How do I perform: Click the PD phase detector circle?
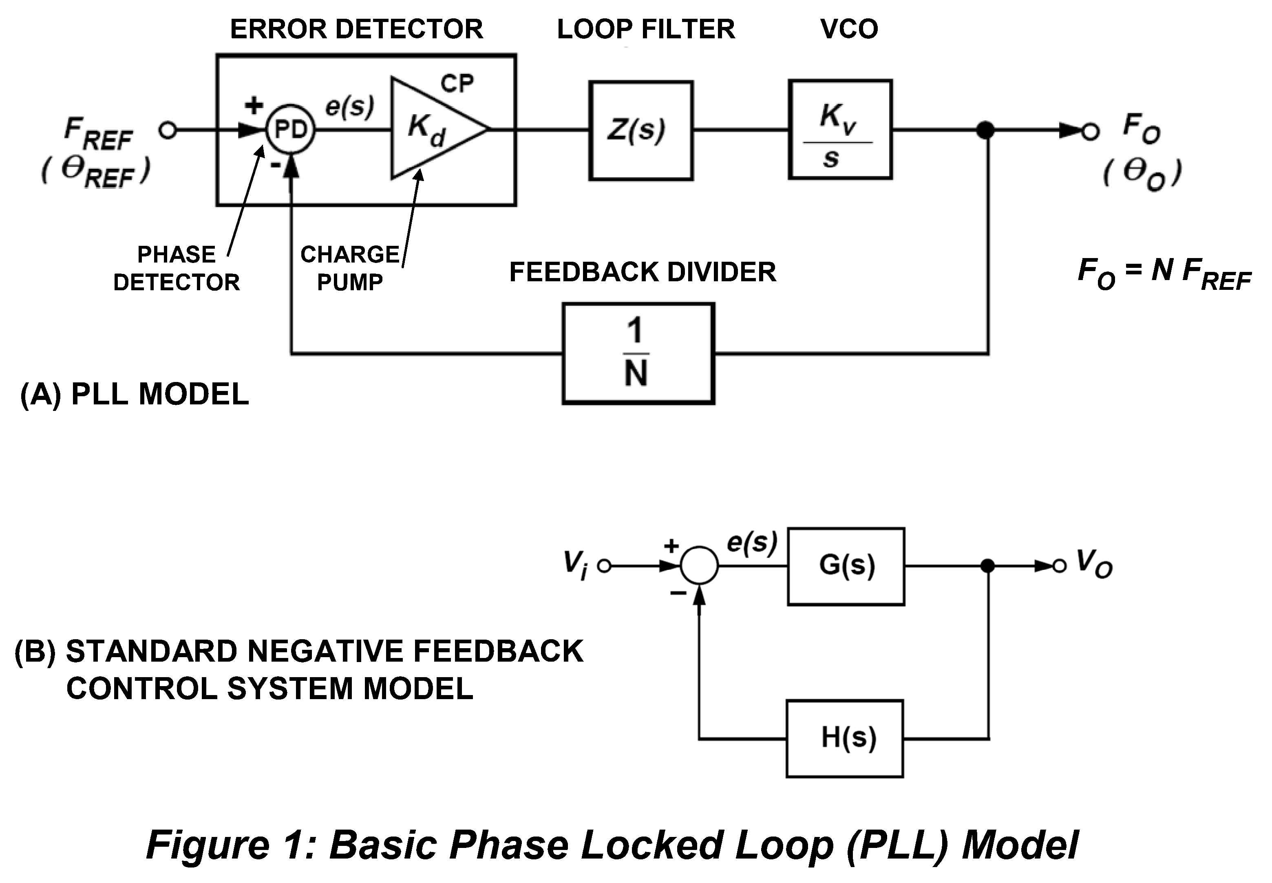(x=290, y=130)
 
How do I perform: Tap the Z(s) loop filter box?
(x=641, y=130)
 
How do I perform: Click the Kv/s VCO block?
(x=840, y=130)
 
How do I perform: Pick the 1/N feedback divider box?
(x=638, y=353)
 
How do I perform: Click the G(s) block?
(x=846, y=566)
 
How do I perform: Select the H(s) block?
(x=845, y=739)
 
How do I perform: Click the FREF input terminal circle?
(x=167, y=130)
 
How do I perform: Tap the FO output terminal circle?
(x=1090, y=131)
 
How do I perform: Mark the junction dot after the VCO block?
(x=985, y=130)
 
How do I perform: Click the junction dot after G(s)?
(x=987, y=566)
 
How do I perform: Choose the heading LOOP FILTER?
(x=646, y=29)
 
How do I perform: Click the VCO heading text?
(x=849, y=29)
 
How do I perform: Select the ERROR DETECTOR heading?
(x=356, y=29)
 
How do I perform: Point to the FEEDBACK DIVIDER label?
(x=643, y=272)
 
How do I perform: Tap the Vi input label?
(x=575, y=564)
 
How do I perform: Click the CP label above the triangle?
(x=457, y=84)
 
